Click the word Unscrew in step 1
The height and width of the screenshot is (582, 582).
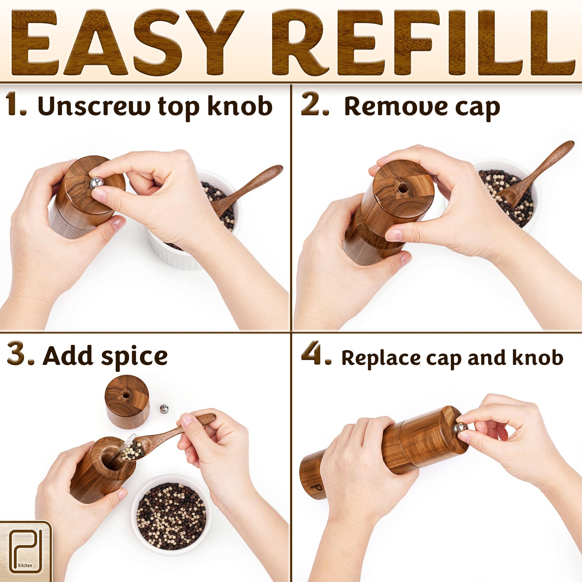(x=94, y=106)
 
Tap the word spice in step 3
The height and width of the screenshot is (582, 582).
(x=134, y=356)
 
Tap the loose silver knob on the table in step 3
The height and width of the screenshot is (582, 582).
(x=164, y=408)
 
